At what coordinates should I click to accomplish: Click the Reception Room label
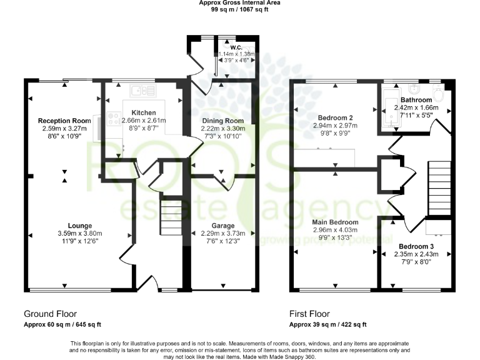click(64, 121)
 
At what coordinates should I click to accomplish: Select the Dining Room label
click(222, 120)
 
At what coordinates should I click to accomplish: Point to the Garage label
click(223, 226)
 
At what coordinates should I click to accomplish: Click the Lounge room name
click(80, 226)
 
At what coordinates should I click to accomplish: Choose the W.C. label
click(236, 47)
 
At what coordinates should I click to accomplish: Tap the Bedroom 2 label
click(336, 117)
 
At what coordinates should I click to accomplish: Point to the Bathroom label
click(416, 100)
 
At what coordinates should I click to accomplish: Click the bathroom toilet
click(437, 94)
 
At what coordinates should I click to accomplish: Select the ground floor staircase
click(169, 212)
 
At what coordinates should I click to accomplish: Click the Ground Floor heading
click(50, 314)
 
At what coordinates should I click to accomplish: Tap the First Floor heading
click(309, 314)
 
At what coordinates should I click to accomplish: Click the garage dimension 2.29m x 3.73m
click(223, 234)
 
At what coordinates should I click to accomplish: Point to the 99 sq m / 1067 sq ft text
click(239, 9)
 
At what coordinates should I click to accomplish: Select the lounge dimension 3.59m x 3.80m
click(80, 234)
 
